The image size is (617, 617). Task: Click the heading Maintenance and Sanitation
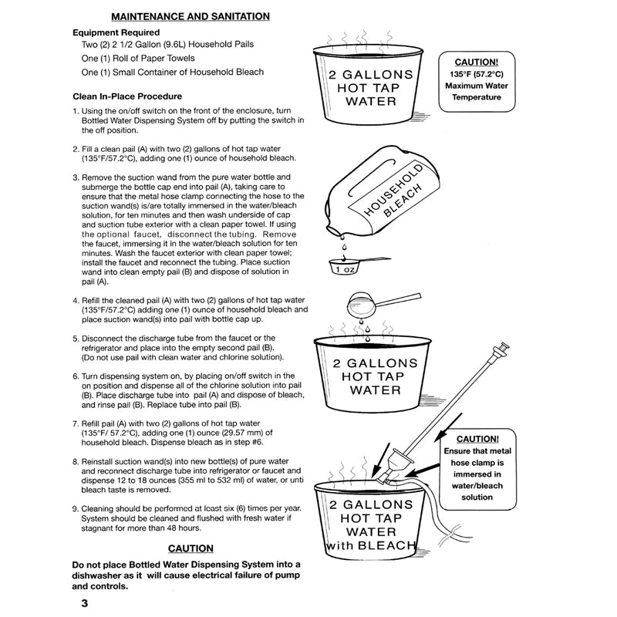[x=190, y=16]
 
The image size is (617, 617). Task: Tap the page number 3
[x=85, y=603]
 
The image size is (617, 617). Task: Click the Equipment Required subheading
[x=116, y=32]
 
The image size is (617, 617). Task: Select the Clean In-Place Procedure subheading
[x=127, y=96]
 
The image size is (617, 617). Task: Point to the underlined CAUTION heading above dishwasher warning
[x=190, y=548]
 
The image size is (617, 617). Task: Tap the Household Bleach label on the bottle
[x=393, y=190]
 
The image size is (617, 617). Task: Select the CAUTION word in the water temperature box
[x=477, y=62]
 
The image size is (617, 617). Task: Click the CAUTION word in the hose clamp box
[x=477, y=439]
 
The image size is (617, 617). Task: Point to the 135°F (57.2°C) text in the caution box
[x=477, y=74]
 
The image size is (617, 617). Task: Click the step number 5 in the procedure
[x=75, y=339]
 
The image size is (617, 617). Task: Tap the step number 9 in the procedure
[x=75, y=509]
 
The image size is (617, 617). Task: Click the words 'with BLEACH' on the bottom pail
[x=371, y=545]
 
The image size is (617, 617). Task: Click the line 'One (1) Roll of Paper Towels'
[x=138, y=59]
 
